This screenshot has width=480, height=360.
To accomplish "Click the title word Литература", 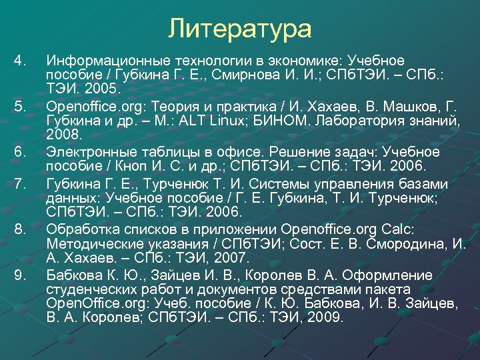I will coord(239,28).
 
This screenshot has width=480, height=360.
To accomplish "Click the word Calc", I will coord(399,229).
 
